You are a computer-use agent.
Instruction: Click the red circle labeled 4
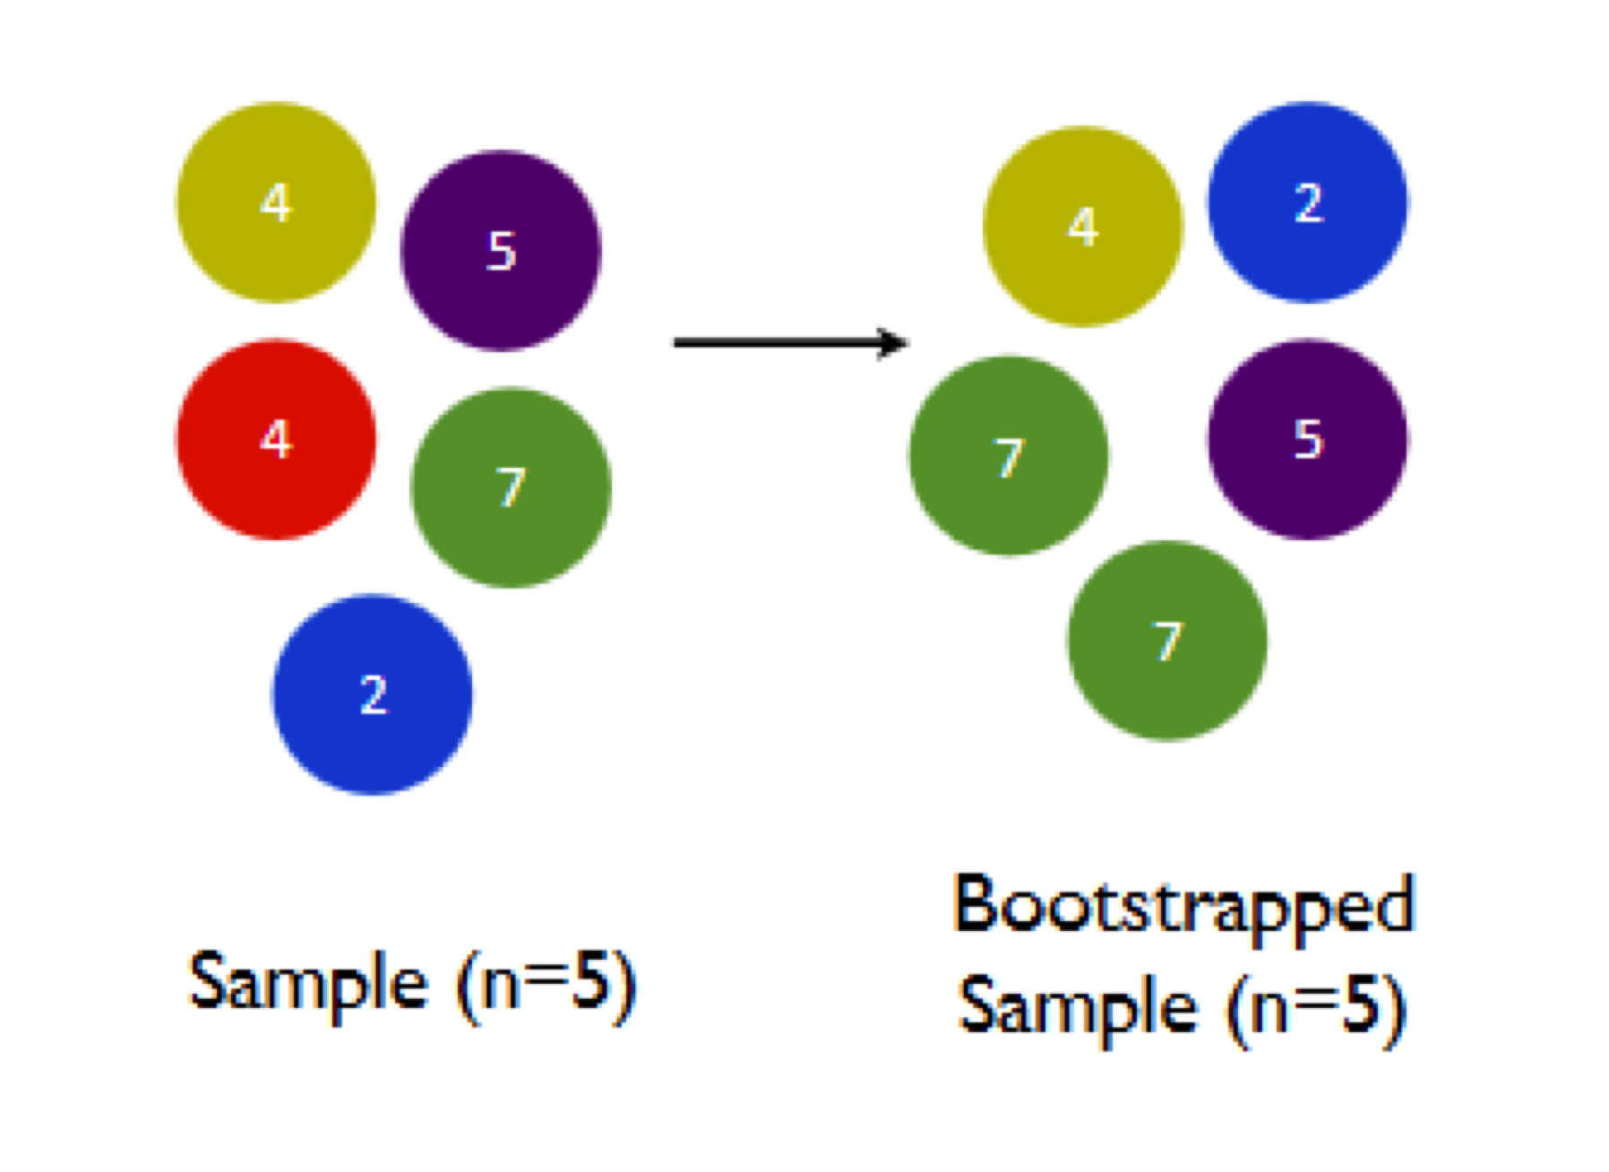pos(276,439)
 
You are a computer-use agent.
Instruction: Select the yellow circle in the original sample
pos(276,203)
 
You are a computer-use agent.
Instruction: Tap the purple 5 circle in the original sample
pos(501,250)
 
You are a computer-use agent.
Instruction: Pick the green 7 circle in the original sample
pos(511,487)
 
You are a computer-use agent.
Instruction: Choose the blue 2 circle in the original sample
pos(373,694)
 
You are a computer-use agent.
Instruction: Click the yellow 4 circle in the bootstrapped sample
pos(1083,227)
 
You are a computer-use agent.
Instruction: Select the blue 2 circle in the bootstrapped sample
pos(1307,203)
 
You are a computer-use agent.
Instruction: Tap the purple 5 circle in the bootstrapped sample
pos(1307,439)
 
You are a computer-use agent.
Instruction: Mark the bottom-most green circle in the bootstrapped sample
pos(1167,641)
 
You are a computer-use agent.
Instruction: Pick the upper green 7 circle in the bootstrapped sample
pos(1009,456)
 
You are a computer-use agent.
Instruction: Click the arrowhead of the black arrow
pos(894,342)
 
